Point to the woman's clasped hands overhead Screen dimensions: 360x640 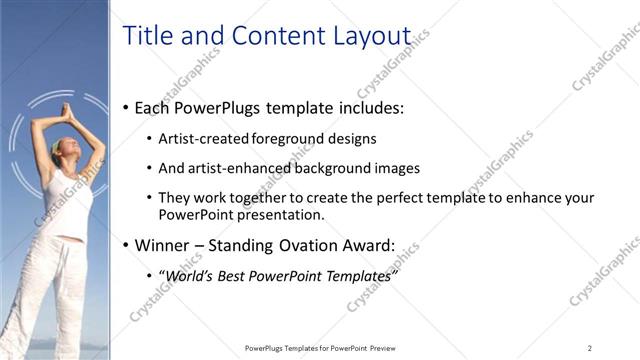tap(68, 107)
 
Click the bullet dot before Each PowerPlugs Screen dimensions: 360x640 tap(125, 107)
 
